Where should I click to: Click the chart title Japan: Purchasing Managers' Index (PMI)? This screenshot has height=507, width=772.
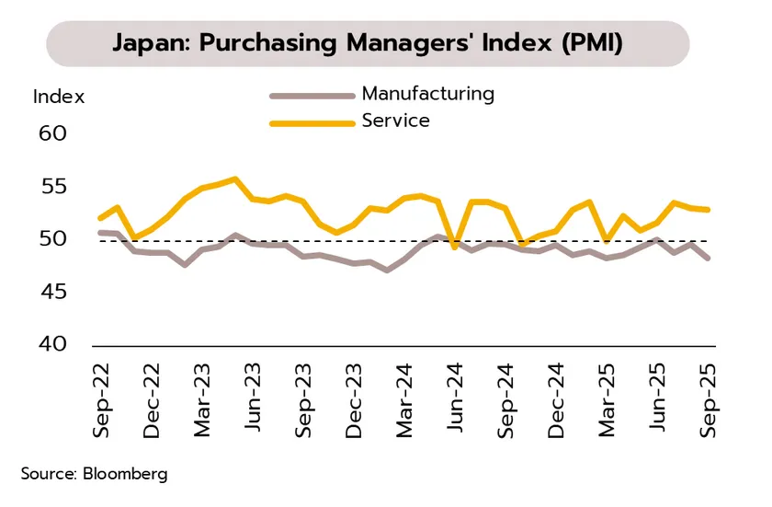click(x=368, y=43)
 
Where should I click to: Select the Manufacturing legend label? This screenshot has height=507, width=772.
click(x=427, y=93)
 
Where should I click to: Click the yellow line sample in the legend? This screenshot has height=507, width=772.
click(x=312, y=121)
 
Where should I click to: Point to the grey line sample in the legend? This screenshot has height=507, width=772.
click(x=312, y=95)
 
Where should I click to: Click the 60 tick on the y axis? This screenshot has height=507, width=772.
click(x=54, y=133)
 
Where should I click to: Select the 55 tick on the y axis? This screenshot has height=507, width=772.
click(x=54, y=187)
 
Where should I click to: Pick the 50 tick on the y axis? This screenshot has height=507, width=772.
click(x=54, y=239)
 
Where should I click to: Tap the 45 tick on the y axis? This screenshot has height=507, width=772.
click(x=54, y=292)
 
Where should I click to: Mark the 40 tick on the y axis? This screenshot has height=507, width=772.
click(x=54, y=344)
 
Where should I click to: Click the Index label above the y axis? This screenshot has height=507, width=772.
click(x=59, y=96)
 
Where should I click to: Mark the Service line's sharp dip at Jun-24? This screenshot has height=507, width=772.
click(x=454, y=247)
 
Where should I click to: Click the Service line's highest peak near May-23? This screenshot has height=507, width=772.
click(x=235, y=179)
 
